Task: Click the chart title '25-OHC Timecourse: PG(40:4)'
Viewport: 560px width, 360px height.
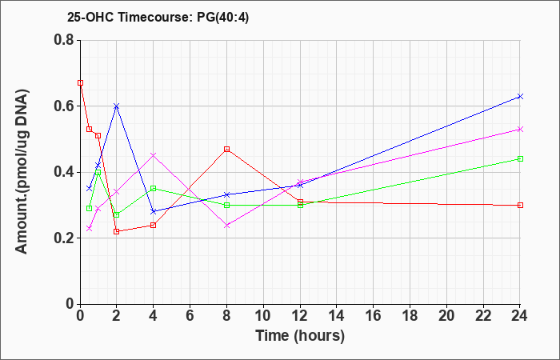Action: point(158,18)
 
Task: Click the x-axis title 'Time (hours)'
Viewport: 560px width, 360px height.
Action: point(300,336)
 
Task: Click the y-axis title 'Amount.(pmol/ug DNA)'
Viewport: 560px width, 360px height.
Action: point(22,171)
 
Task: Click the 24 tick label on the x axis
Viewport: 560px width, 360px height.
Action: point(520,316)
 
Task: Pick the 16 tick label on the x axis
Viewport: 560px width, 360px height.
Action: point(374,316)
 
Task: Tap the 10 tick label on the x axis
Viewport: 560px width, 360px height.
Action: point(263,316)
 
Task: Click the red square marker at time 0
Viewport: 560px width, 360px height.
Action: point(80,83)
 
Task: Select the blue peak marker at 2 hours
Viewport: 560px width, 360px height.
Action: point(117,106)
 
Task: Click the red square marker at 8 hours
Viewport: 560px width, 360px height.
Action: point(226,149)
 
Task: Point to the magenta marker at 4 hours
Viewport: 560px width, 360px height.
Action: point(154,155)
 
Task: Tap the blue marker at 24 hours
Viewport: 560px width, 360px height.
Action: point(520,97)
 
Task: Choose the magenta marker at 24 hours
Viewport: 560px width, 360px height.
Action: point(520,130)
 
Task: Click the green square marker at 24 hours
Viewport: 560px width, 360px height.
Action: point(520,159)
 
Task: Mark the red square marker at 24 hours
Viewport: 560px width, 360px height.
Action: point(520,206)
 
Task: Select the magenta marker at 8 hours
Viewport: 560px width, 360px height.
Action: point(226,226)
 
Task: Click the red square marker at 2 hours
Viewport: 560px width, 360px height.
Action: point(117,231)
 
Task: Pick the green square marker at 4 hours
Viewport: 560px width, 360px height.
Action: point(154,189)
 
